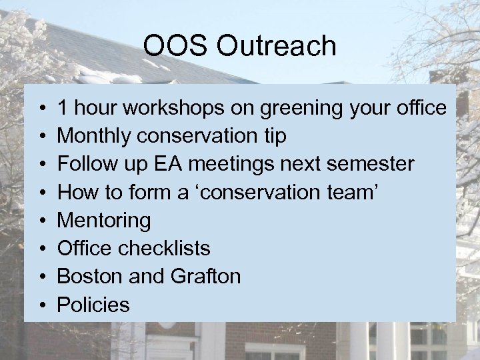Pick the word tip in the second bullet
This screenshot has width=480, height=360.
tap(274, 136)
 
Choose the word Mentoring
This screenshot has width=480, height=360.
tap(104, 221)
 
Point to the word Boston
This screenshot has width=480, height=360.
tap(89, 277)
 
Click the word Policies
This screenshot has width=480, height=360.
tap(93, 305)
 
